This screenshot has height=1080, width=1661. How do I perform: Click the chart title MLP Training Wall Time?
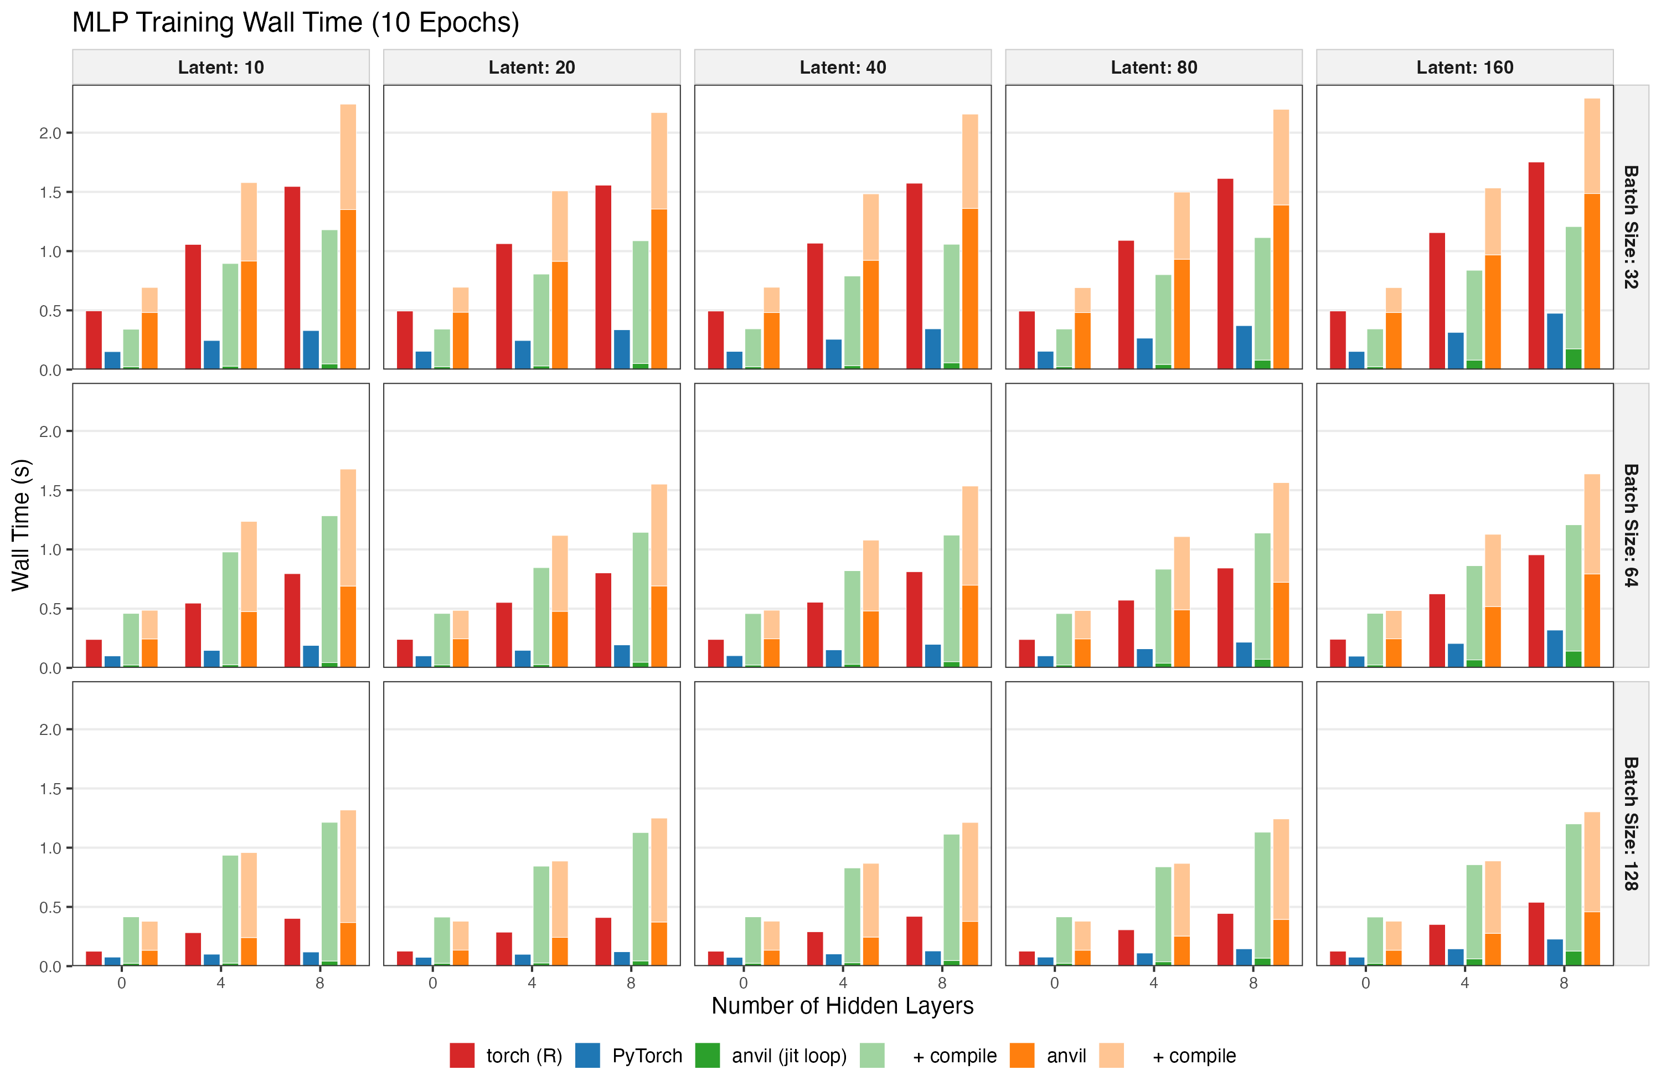[295, 22]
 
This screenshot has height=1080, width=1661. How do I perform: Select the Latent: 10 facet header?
[220, 67]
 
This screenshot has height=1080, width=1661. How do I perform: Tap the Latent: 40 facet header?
[842, 67]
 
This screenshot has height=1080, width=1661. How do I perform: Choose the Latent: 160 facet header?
[1464, 67]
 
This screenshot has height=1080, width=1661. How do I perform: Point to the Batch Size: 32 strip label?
[1631, 227]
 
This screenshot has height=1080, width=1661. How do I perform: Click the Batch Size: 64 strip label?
[1631, 525]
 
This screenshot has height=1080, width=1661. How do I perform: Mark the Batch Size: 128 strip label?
[1631, 824]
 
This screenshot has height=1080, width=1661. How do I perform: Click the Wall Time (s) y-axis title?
[21, 525]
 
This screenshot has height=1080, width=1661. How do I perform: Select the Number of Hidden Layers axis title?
[842, 1005]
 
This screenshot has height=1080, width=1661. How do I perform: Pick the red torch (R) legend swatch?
[462, 1056]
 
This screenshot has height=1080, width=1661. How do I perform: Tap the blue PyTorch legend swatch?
[587, 1056]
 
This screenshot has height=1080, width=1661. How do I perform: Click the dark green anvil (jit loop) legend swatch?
[708, 1056]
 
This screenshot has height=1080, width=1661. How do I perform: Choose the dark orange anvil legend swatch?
[1023, 1056]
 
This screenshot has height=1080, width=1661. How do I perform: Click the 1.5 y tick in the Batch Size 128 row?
[50, 789]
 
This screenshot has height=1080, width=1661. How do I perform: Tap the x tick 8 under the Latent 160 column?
[1564, 983]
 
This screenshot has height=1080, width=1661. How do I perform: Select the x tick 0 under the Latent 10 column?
[121, 983]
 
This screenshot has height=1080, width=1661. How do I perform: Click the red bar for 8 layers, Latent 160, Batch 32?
[1536, 265]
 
